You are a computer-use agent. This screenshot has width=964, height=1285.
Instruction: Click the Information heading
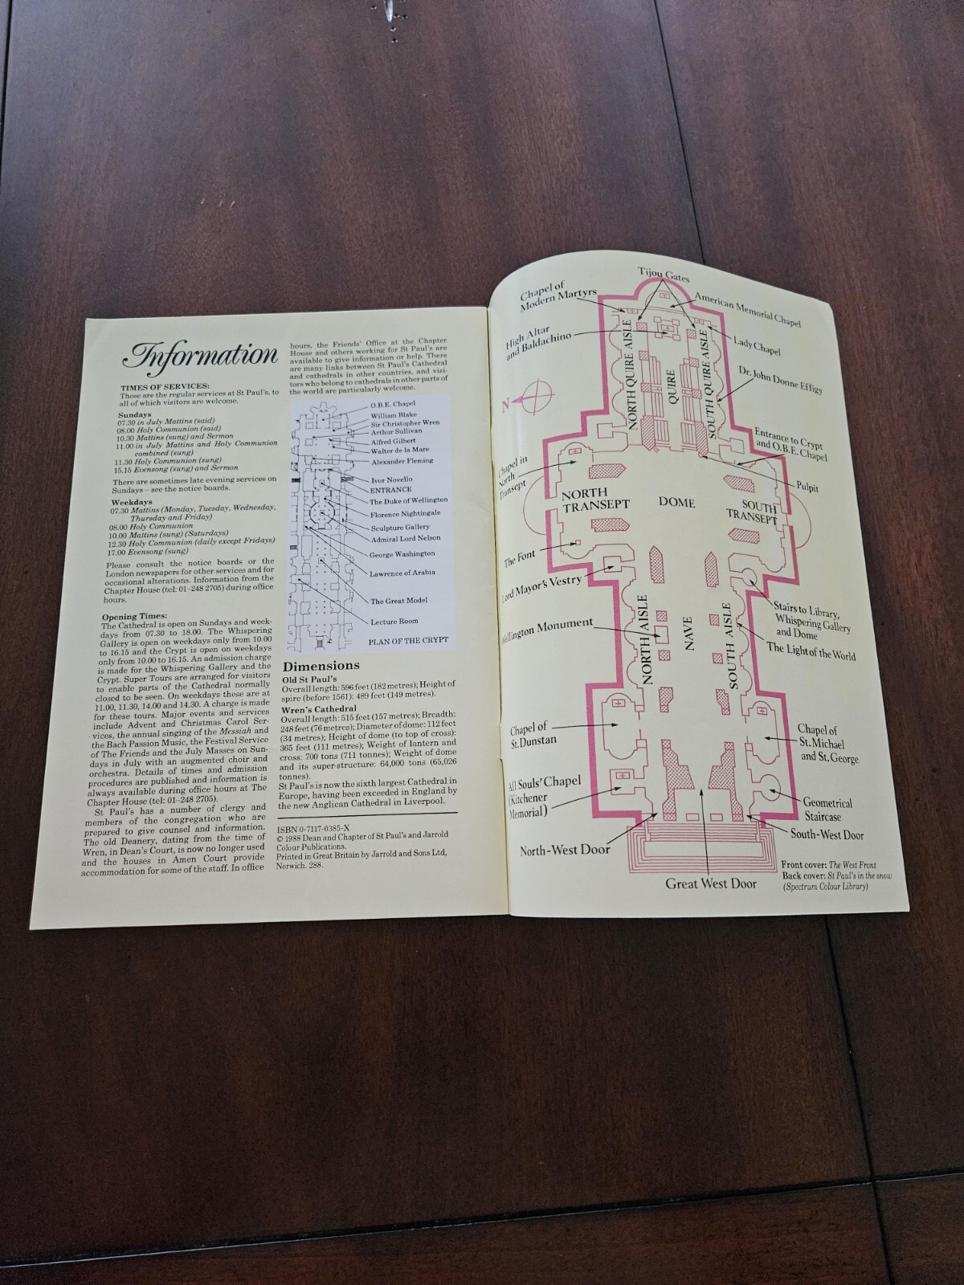[x=200, y=354]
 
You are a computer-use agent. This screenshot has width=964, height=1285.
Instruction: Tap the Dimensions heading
[x=321, y=666]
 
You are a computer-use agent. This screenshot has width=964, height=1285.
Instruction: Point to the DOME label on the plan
[x=676, y=502]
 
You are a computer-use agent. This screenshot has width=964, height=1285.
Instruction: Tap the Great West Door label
[x=710, y=884]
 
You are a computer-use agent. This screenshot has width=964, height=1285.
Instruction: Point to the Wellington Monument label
[x=547, y=624]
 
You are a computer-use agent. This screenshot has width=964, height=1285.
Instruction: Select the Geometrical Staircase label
[x=827, y=810]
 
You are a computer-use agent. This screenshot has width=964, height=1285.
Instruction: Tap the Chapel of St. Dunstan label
[x=533, y=735]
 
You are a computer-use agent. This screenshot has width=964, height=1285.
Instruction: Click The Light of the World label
[x=811, y=651]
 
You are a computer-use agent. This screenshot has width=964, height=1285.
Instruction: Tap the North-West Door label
[x=564, y=850]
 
